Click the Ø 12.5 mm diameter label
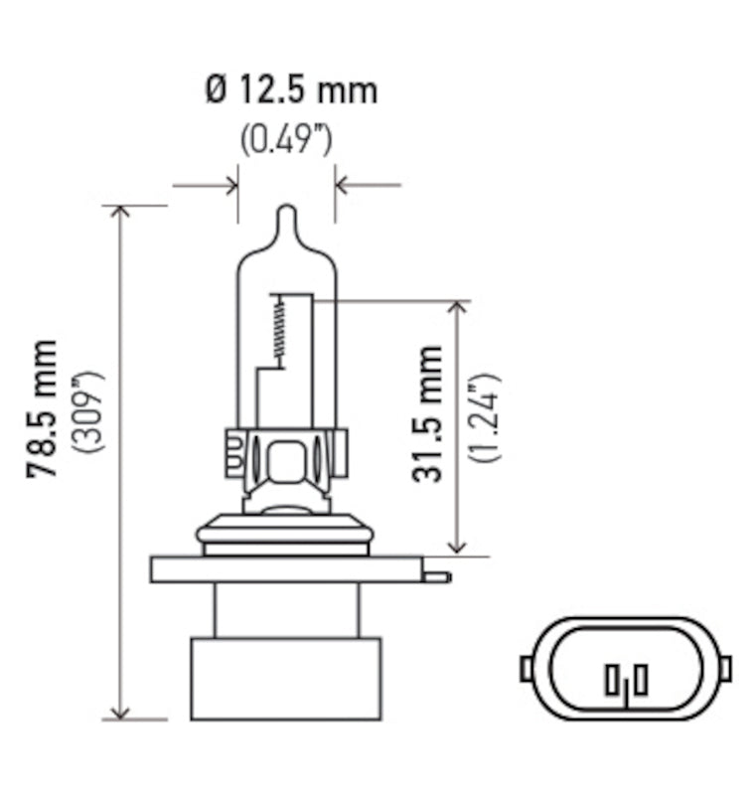[291, 90]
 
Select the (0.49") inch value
[285, 139]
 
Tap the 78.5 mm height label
[43, 408]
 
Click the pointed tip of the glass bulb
[286, 212]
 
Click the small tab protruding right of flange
[436, 576]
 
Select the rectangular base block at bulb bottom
[286, 680]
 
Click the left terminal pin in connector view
[610, 680]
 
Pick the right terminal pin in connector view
[641, 680]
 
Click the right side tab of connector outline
[725, 669]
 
